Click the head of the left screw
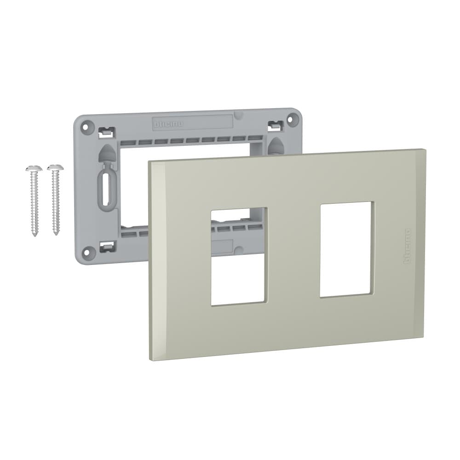(x=34, y=168)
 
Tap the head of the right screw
(x=55, y=167)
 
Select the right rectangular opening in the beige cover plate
(x=346, y=249)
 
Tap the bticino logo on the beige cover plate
(x=407, y=246)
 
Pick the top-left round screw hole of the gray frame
(x=86, y=125)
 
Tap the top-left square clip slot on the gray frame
(x=105, y=132)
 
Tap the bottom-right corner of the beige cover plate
(x=423, y=337)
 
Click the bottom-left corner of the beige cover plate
(x=151, y=359)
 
